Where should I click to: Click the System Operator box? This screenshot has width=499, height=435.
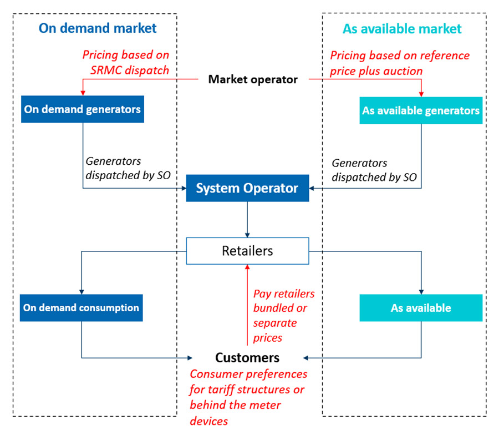click(x=247, y=189)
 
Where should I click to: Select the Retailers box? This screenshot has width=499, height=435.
click(x=247, y=251)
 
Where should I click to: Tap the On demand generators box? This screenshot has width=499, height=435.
click(x=83, y=109)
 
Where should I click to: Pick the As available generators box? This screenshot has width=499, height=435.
click(x=421, y=110)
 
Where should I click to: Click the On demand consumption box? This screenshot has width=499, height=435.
click(x=82, y=307)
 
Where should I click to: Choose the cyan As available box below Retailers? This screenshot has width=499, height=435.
click(x=421, y=308)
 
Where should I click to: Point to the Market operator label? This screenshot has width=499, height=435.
click(x=253, y=79)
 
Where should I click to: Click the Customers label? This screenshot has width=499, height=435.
click(x=247, y=357)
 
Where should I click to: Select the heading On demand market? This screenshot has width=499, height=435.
click(x=98, y=28)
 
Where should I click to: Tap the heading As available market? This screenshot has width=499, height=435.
click(x=402, y=28)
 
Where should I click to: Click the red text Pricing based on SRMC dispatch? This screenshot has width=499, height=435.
click(x=126, y=63)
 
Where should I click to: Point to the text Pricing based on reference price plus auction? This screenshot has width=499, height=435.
click(x=400, y=63)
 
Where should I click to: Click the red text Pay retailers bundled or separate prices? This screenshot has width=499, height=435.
click(x=283, y=315)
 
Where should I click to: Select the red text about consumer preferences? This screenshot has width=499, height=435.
click(x=248, y=397)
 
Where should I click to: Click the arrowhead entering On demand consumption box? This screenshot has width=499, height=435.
click(x=82, y=292)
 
